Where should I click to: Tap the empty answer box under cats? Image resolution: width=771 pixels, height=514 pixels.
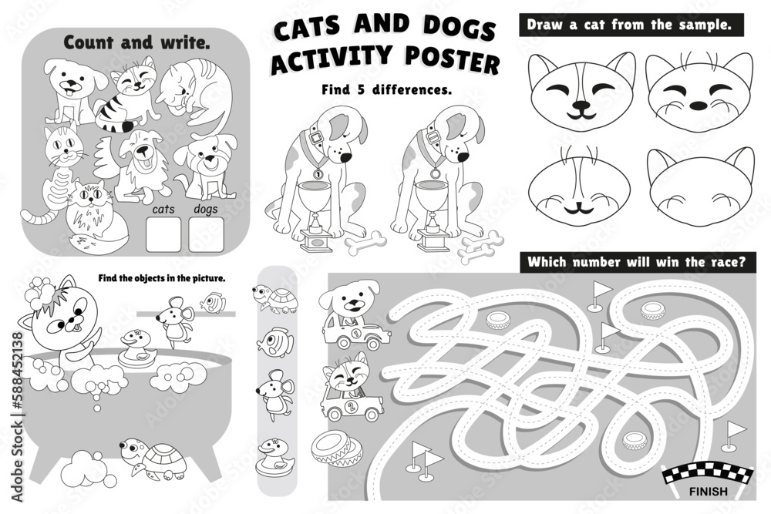163,234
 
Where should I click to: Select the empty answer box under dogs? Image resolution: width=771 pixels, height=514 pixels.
206,234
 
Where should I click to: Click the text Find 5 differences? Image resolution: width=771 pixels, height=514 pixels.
386,89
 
